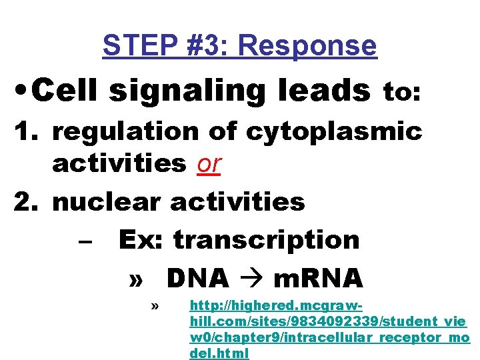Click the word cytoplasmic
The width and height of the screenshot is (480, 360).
click(x=334, y=133)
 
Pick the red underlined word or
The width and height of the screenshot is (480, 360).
click(x=209, y=163)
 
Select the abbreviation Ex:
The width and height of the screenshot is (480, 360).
click(x=141, y=240)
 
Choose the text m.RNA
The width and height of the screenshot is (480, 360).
click(x=319, y=276)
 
